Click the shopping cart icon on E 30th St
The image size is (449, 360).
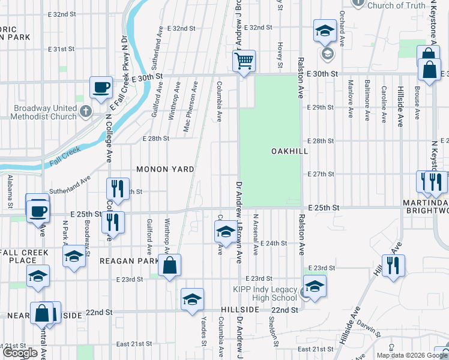point(244,61)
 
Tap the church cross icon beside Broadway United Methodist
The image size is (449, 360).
point(86,111)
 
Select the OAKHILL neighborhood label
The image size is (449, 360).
point(289,151)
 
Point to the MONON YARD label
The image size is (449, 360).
point(165,169)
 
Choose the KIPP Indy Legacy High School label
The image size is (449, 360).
point(265,294)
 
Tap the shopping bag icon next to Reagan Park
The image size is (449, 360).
point(170,265)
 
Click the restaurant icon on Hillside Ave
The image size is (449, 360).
point(393,265)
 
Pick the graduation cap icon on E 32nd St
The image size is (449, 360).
point(324,31)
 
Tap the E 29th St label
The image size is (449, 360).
point(319,107)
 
